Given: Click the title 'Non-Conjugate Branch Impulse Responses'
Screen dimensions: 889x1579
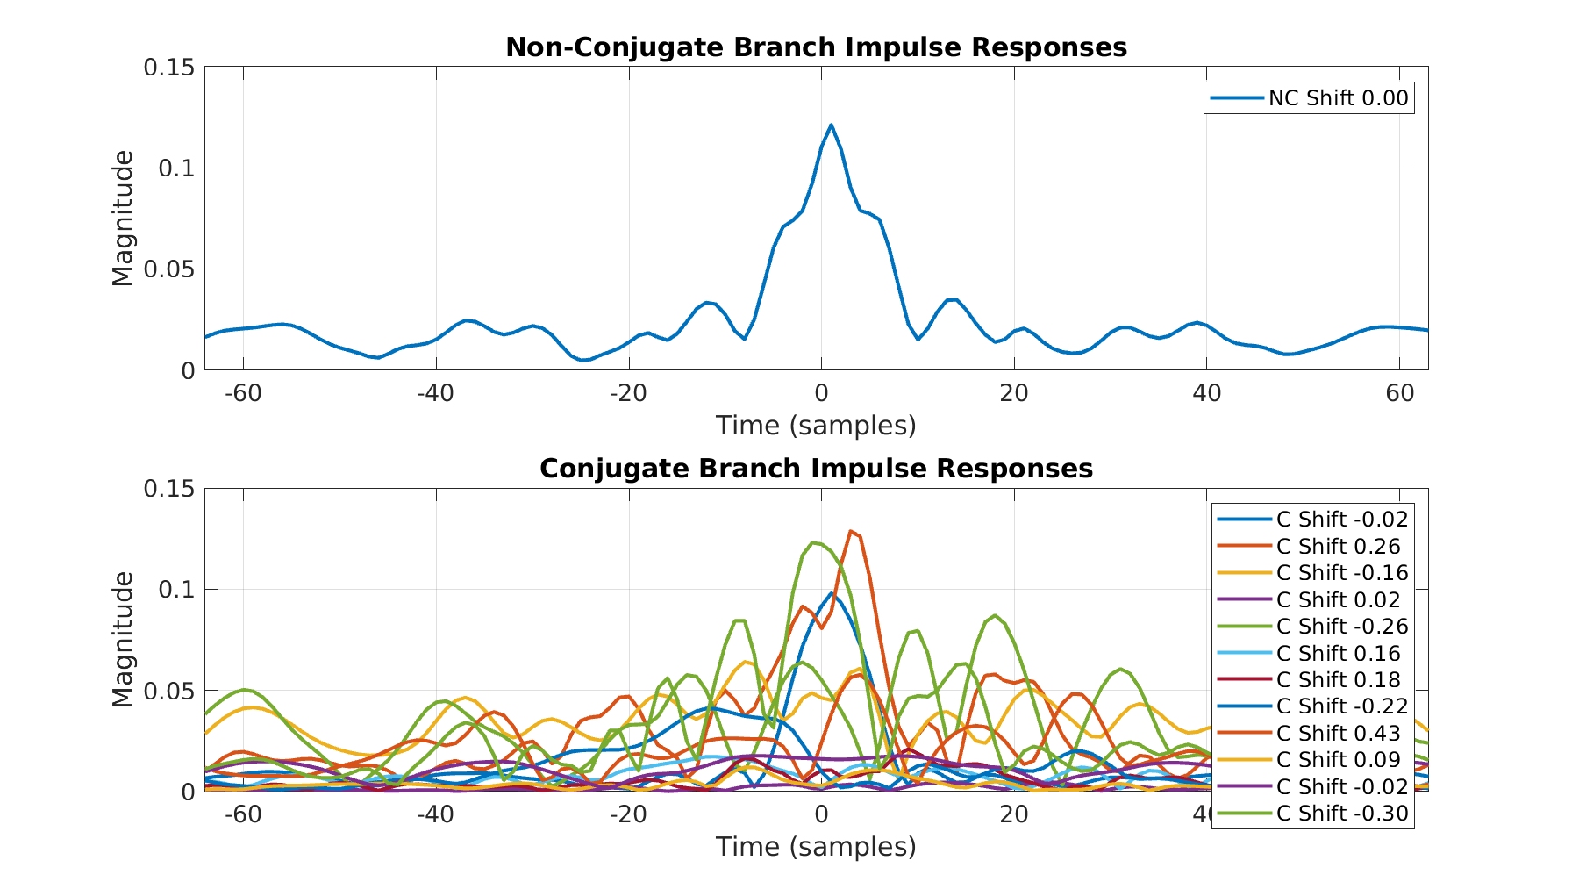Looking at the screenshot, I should (816, 47).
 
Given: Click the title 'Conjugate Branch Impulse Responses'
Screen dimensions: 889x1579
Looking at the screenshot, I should (816, 469).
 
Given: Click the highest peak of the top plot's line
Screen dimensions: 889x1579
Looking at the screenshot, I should (831, 125).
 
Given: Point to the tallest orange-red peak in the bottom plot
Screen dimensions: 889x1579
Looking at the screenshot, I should (850, 531).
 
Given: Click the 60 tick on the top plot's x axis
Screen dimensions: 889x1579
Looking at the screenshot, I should (1400, 393).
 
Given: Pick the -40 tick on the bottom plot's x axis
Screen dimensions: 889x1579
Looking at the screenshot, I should (435, 814).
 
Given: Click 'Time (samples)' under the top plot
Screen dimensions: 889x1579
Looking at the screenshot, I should (816, 426).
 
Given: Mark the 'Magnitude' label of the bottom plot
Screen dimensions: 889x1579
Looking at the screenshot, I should (124, 640).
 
